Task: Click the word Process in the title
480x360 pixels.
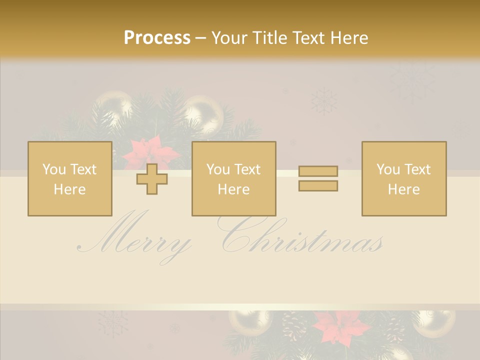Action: click(x=157, y=38)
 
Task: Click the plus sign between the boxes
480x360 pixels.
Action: click(x=152, y=179)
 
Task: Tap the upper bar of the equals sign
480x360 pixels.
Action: click(x=318, y=171)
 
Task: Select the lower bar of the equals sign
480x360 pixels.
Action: click(x=318, y=185)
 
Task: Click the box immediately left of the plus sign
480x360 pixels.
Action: click(x=69, y=179)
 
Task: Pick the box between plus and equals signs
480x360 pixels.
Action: click(x=233, y=179)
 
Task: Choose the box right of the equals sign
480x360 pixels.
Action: click(x=403, y=179)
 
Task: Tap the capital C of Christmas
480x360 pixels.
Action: click(x=240, y=235)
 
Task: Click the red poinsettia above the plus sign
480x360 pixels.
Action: click(x=147, y=152)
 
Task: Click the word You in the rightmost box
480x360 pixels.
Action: click(x=388, y=169)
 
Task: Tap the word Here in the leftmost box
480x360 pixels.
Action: click(x=69, y=189)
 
